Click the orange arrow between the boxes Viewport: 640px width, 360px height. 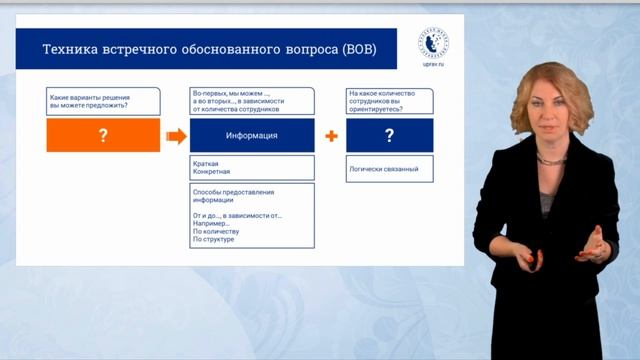(x=175, y=135)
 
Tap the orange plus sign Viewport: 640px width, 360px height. (x=330, y=135)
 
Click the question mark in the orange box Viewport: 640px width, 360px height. (x=103, y=135)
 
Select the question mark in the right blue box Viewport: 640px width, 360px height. (x=389, y=135)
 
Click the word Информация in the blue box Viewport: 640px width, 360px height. (x=252, y=135)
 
